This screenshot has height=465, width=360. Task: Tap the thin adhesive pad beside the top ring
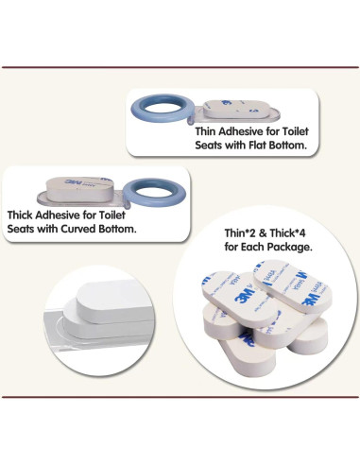[x=238, y=109]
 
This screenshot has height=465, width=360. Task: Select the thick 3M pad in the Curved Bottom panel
[x=78, y=188]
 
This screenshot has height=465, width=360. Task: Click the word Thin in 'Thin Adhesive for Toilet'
[x=205, y=131]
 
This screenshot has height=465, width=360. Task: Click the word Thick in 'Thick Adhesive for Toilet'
[x=20, y=215]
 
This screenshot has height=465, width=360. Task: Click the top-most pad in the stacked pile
[x=292, y=286]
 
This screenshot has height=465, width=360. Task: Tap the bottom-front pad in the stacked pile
[x=249, y=354]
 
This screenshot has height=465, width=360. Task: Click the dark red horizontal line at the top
[x=180, y=67]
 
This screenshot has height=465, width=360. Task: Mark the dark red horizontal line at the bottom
[x=180, y=397]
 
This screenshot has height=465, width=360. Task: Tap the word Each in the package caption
[x=253, y=247]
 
